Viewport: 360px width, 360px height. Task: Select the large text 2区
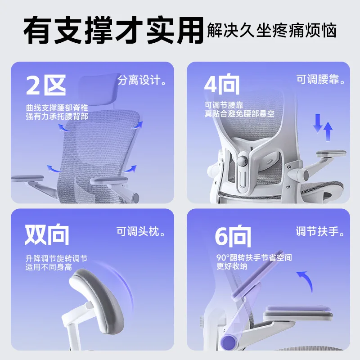point(46,85)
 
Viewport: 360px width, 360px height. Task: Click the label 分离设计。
point(142,81)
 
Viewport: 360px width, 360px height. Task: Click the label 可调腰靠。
point(321,81)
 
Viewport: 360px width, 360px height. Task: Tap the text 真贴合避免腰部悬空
point(239,114)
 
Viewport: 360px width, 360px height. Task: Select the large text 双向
point(47,234)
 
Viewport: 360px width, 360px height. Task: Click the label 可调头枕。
point(141,232)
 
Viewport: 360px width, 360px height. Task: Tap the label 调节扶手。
point(320,232)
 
